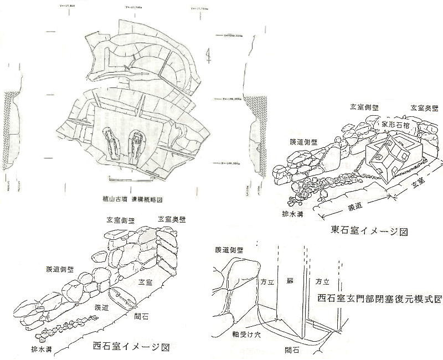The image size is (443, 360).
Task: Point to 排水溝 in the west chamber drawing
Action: [42, 349]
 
